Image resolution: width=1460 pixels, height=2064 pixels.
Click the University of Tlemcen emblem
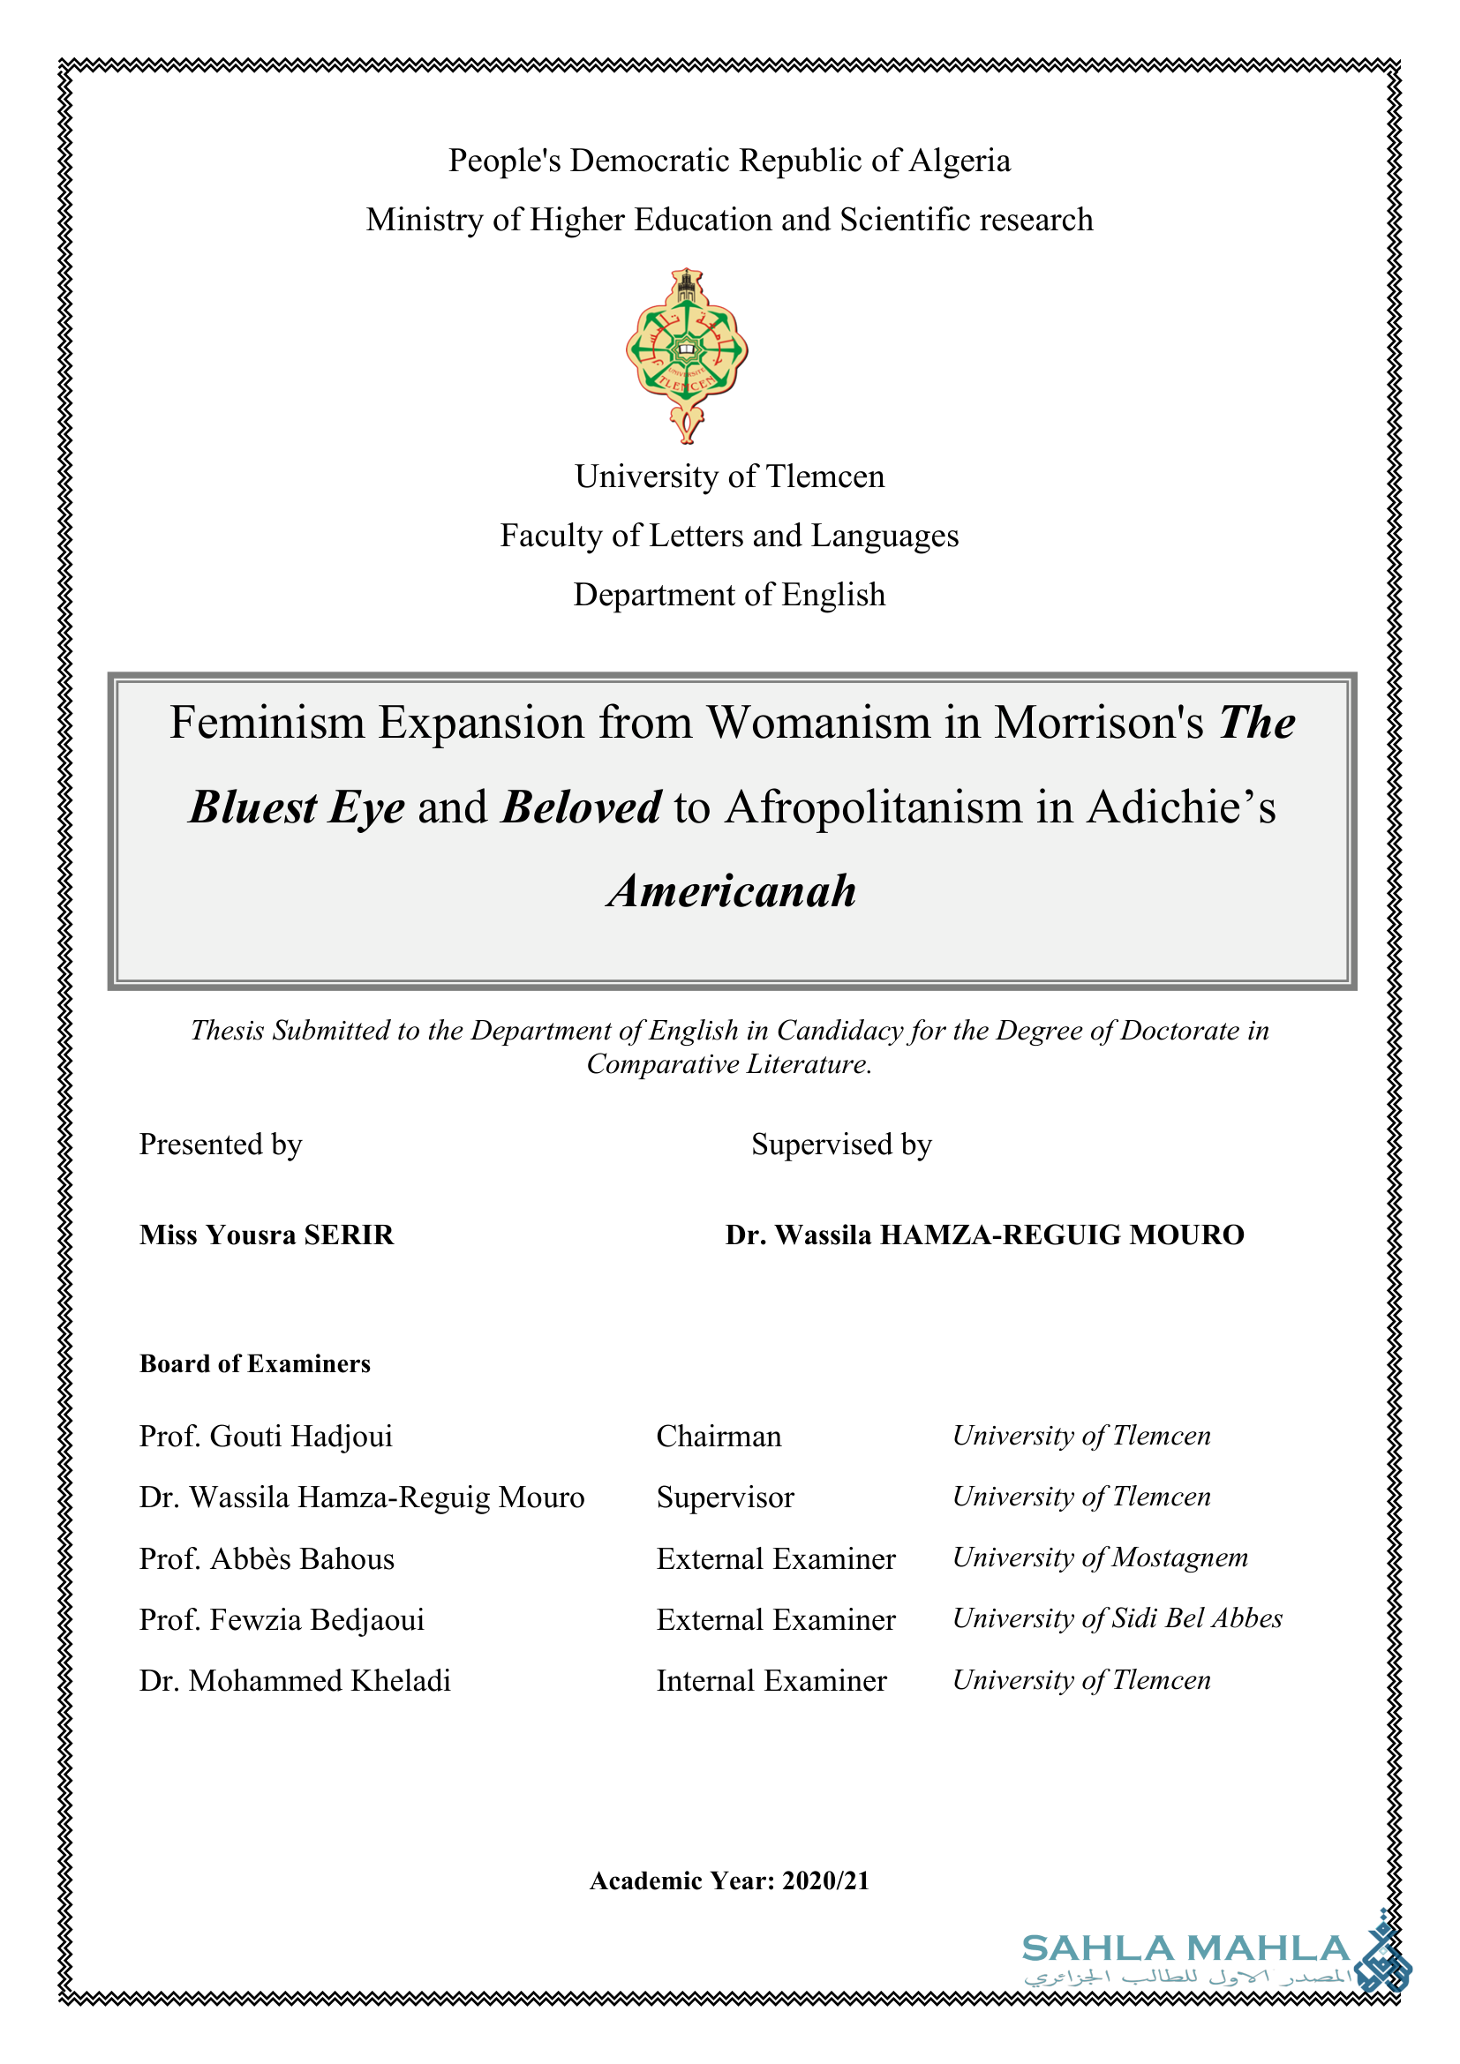(687, 353)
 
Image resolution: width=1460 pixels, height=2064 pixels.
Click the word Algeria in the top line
(960, 161)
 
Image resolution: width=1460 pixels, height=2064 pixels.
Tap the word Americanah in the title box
(732, 891)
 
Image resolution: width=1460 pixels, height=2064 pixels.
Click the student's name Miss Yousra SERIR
(266, 1235)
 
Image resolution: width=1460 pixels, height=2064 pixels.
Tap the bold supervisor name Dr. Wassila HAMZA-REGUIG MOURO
(984, 1235)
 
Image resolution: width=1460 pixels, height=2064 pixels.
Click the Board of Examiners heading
(254, 1363)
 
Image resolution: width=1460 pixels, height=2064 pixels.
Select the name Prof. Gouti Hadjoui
(265, 1437)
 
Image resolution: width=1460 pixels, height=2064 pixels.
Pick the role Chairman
(719, 1437)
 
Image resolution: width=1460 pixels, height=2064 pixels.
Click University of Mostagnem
(1100, 1557)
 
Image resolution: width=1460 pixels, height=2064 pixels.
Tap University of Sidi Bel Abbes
(1117, 1618)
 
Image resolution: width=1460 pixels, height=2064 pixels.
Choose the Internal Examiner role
(771, 1680)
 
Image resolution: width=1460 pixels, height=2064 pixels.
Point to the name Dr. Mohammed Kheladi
(295, 1680)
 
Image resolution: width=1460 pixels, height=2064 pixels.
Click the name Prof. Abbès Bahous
(266, 1558)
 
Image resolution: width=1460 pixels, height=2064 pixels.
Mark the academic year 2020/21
(825, 1880)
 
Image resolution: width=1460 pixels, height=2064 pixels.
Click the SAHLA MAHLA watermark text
(1185, 1949)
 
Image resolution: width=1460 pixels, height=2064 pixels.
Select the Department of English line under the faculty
(729, 595)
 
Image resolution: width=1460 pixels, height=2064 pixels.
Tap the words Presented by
(221, 1145)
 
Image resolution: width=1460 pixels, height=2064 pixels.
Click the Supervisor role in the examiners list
(725, 1497)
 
